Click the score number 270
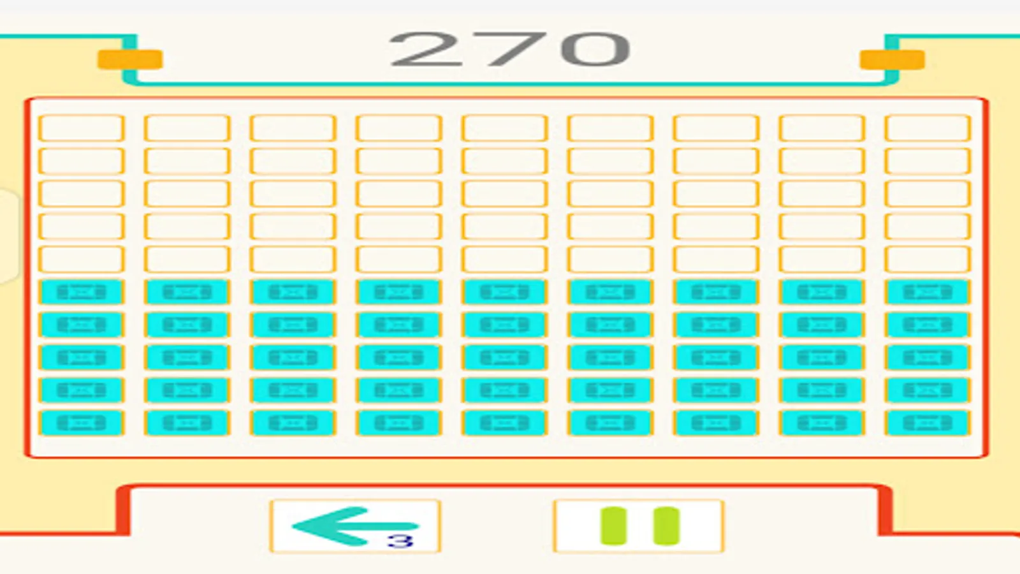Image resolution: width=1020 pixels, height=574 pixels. tap(509, 48)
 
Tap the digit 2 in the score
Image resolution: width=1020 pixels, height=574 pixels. tap(426, 48)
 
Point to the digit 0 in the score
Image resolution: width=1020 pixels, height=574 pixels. tap(595, 48)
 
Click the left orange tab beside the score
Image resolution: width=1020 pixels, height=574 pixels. tap(130, 60)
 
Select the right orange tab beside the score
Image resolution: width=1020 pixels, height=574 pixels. tap(892, 60)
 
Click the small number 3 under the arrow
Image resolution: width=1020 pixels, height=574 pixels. tap(400, 541)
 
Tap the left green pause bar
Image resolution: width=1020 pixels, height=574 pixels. tap(614, 526)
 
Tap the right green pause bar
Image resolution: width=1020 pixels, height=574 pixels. tap(666, 526)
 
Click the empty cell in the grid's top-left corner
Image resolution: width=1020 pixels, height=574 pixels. tap(82, 128)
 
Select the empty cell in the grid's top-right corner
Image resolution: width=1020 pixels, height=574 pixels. tap(928, 128)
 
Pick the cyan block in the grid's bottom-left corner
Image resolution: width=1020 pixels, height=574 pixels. tap(82, 423)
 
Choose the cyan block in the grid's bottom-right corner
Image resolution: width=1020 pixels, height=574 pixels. tap(928, 423)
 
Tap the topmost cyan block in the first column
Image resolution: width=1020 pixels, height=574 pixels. tap(82, 291)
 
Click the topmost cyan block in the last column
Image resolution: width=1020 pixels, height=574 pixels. tap(928, 291)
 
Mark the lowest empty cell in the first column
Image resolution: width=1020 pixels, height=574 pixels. tap(82, 259)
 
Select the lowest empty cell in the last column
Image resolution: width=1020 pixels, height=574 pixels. tap(928, 259)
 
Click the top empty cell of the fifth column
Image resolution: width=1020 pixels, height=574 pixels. tap(504, 128)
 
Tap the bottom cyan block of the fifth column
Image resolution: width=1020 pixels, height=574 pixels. tap(504, 423)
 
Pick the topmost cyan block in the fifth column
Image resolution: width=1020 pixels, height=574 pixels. tap(504, 291)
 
